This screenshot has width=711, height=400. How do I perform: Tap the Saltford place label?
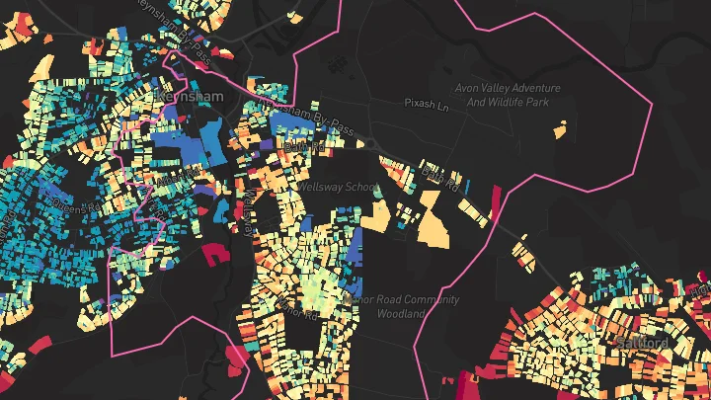pos(643,343)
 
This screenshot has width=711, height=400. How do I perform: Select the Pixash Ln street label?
pos(428,103)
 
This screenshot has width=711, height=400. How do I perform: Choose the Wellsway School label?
pos(337,187)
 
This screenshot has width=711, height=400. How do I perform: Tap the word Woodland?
pos(400,313)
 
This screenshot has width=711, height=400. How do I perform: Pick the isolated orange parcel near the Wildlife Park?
pos(559,129)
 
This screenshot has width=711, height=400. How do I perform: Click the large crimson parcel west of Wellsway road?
pos(215,253)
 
